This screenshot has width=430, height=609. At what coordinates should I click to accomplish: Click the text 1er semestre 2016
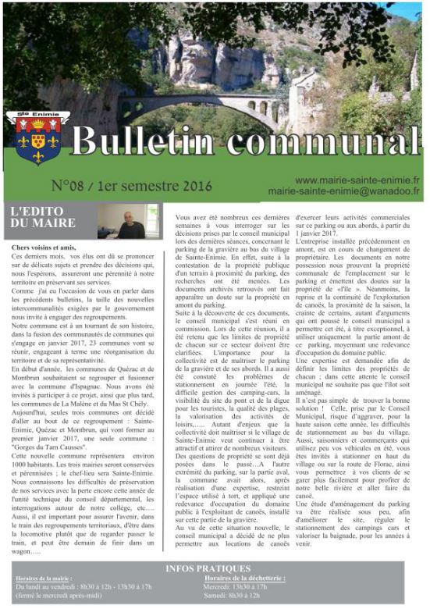156,187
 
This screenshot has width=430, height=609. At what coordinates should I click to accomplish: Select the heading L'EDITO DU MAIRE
42,218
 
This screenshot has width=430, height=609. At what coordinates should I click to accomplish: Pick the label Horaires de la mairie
44,578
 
